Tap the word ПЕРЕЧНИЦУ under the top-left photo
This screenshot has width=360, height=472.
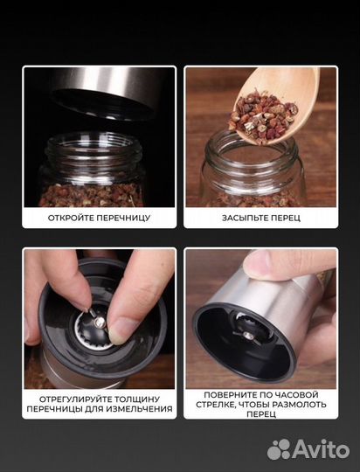(x=122, y=218)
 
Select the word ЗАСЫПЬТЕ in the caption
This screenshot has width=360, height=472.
(x=244, y=218)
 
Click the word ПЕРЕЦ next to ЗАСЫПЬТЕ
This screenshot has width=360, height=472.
(x=284, y=218)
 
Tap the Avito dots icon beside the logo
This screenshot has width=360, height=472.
(x=279, y=449)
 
